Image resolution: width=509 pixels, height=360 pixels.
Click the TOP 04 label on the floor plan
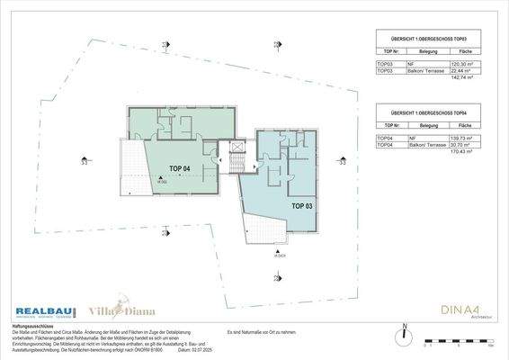(x=179, y=168)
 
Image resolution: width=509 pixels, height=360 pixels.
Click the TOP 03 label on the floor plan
(x=303, y=205)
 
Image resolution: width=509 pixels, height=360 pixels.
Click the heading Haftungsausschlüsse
(x=31, y=326)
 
